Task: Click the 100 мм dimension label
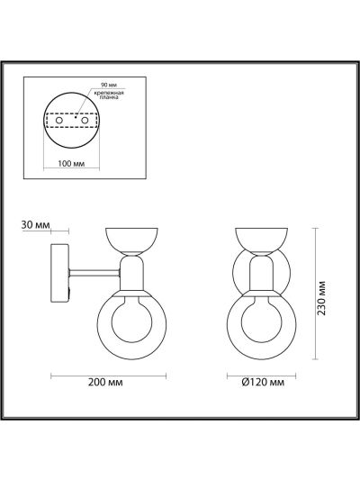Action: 71,164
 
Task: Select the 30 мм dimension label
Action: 35,225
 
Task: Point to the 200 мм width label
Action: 105,383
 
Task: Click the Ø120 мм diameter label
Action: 263,383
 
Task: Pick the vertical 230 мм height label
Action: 321,298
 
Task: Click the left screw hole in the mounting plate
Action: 59,121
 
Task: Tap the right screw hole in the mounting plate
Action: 85,121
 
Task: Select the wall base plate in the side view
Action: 60,273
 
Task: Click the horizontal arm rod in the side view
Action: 94,273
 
